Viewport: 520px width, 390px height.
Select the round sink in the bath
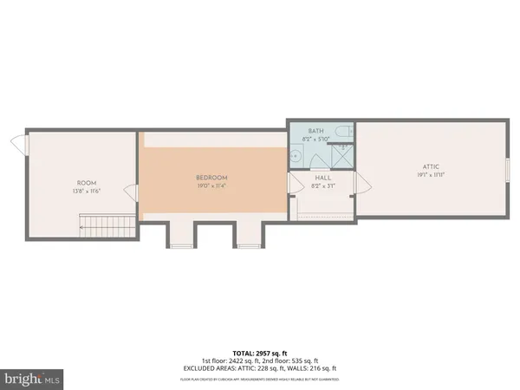point(296,157)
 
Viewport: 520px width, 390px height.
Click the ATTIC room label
point(430,165)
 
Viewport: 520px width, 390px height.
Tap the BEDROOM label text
point(212,177)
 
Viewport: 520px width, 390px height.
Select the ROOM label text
point(87,182)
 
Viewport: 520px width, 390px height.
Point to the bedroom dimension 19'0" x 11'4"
point(212,185)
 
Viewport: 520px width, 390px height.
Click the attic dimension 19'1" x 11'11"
point(430,172)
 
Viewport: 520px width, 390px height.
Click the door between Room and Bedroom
point(131,192)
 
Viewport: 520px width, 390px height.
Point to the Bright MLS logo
point(33,379)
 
